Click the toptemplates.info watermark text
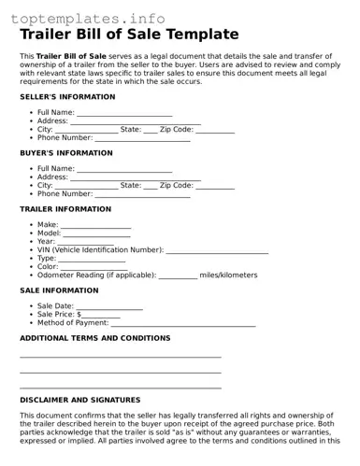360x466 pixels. tap(90, 18)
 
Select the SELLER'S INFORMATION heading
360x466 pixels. tap(67, 96)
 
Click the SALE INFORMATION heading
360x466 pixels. tap(59, 290)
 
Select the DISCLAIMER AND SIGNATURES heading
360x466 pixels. tap(79, 400)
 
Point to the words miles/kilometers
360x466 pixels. tap(228, 275)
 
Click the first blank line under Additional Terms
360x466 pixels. tap(120, 357)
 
